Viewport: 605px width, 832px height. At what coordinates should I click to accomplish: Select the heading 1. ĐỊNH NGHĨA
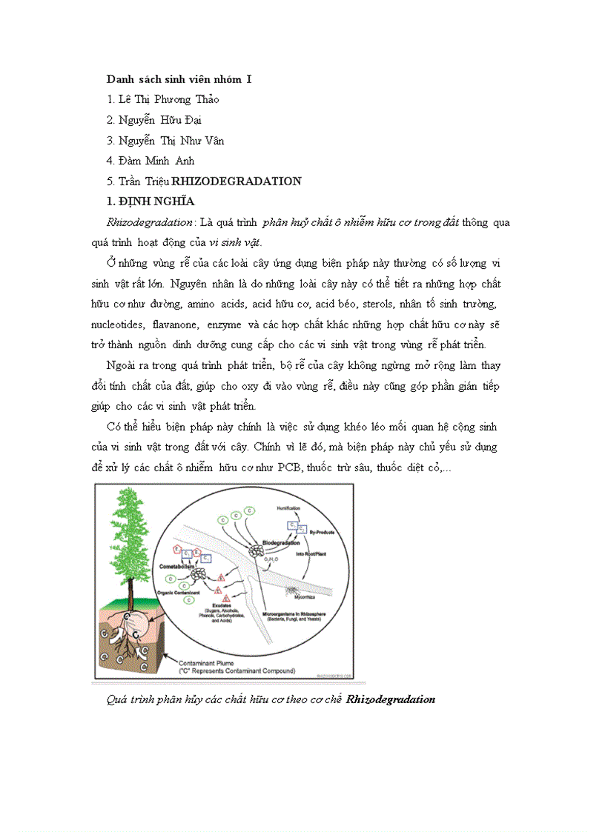click(x=151, y=201)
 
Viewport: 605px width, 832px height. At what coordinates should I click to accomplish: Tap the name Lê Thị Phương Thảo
click(x=162, y=99)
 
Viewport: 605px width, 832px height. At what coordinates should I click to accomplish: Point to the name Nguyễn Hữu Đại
click(x=154, y=120)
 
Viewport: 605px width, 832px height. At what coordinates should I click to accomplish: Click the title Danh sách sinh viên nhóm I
click(x=179, y=79)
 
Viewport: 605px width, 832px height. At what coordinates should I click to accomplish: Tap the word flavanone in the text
click(x=176, y=325)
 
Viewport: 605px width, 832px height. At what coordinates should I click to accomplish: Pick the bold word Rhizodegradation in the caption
click(x=391, y=699)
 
